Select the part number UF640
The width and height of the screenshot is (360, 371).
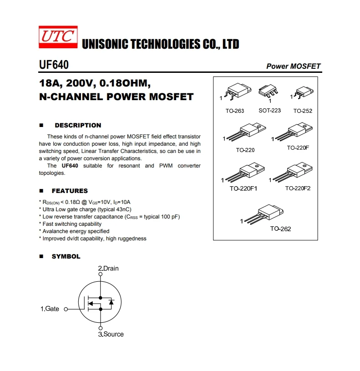54,65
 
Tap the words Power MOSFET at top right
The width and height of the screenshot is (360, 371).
293,66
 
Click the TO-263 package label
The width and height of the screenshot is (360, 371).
235,111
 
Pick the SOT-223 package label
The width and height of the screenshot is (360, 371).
269,111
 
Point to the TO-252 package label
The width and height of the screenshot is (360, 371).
303,111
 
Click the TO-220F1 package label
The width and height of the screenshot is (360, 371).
243,188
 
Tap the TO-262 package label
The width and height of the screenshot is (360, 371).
280,229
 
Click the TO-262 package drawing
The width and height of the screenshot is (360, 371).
265,213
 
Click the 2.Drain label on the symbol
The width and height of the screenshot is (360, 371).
108,268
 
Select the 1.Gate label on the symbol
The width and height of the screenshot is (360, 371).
50,309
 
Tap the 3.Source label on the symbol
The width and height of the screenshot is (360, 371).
111,334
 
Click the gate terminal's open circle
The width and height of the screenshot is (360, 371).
66,309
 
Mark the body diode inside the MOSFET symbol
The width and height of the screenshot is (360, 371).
111,302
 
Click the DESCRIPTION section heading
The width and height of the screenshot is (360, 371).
78,125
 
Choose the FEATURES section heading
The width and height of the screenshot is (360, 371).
70,191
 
